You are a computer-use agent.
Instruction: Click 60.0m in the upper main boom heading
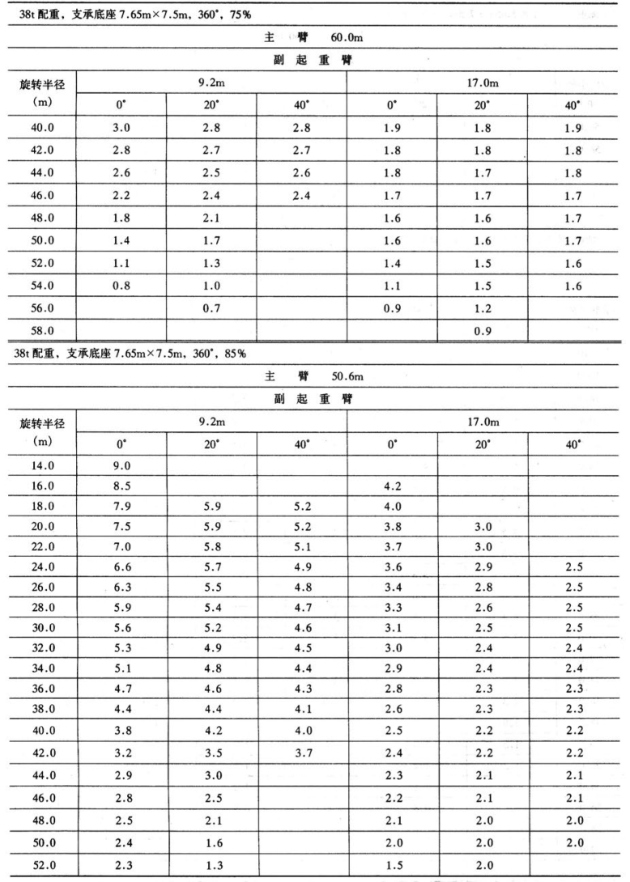[347, 38]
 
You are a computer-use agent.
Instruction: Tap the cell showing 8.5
[121, 487]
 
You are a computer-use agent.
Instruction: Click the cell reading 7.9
[121, 509]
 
